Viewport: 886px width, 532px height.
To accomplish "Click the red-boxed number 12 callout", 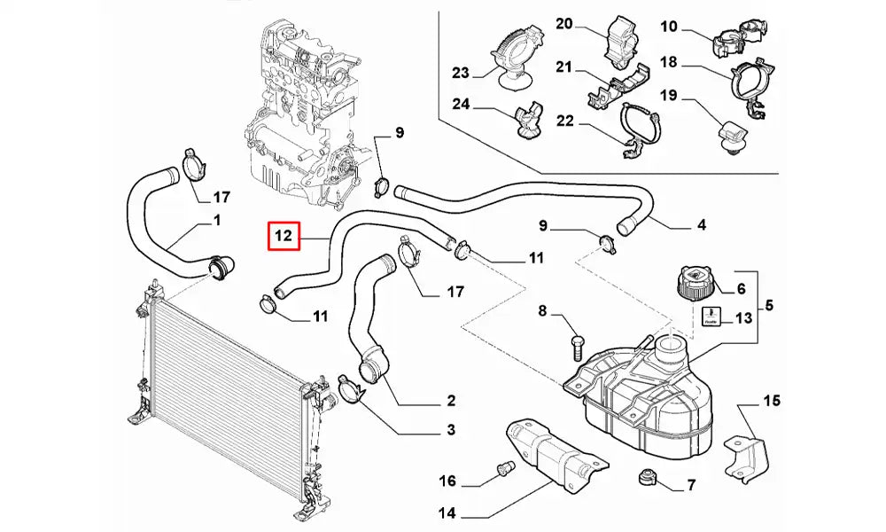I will tap(283, 237).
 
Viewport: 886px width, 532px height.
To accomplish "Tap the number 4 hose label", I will tap(702, 225).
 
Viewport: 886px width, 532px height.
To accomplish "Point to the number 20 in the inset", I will tap(564, 24).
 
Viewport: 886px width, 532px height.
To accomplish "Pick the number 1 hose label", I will tap(217, 219).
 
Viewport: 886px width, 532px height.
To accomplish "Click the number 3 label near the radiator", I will tap(450, 431).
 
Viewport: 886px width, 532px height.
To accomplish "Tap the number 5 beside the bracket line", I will tap(769, 306).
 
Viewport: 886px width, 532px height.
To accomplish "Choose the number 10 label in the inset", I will tap(668, 27).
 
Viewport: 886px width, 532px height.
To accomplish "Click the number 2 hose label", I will tap(450, 400).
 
